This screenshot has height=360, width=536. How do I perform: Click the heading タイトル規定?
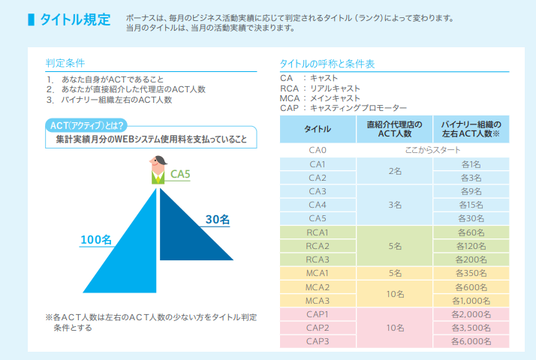click(x=74, y=19)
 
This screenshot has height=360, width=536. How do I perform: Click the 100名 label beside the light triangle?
click(x=96, y=240)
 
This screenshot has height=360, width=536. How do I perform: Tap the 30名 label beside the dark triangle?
click(x=218, y=219)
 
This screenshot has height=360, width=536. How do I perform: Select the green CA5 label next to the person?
click(x=180, y=175)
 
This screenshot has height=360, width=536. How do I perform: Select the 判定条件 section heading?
click(x=65, y=64)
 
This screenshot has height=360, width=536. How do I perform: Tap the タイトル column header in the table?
click(x=317, y=129)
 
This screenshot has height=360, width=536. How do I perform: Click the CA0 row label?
click(x=317, y=151)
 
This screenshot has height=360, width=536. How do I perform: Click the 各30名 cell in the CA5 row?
click(x=471, y=218)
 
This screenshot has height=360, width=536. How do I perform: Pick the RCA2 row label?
click(x=317, y=245)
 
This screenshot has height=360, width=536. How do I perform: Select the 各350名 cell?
click(x=471, y=272)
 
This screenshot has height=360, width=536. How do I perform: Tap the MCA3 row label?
click(x=317, y=300)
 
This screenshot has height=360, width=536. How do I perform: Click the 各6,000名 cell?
click(x=471, y=341)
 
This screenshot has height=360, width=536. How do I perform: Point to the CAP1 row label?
click(x=317, y=314)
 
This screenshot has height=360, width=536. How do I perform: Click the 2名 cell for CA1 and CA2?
click(x=394, y=171)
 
